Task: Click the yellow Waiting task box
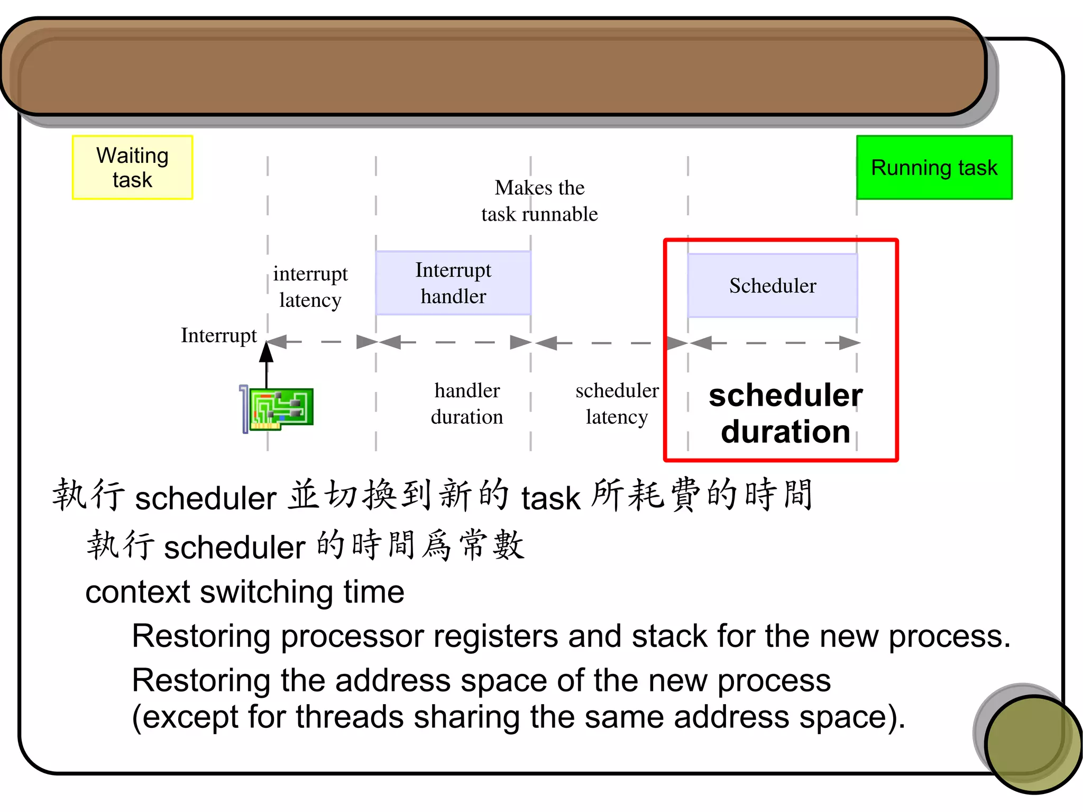point(132,167)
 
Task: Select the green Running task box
point(934,167)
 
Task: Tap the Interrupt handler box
point(453,283)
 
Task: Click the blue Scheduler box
point(772,286)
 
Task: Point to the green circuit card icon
point(280,408)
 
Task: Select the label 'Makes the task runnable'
point(539,201)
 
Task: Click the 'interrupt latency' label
point(310,287)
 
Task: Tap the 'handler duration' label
point(467,404)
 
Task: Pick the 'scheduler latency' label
point(617,404)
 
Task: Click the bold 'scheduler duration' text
point(786,414)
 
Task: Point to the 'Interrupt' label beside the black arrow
point(218,335)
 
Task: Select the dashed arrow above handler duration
point(454,342)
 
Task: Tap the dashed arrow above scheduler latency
point(610,343)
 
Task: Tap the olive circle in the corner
point(1032,743)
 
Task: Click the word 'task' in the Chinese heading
point(550,498)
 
